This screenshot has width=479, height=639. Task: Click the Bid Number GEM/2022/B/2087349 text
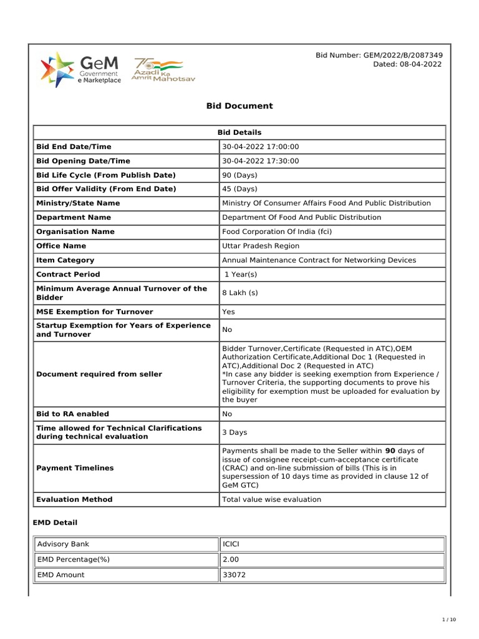click(x=379, y=56)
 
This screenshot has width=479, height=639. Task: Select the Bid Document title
click(x=239, y=106)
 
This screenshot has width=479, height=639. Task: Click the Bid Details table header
click(x=239, y=132)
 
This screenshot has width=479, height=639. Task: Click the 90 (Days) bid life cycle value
click(x=239, y=175)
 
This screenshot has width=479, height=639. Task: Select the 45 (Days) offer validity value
click(x=239, y=189)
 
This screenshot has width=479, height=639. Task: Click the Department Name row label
click(x=74, y=218)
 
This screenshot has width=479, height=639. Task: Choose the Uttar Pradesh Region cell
click(x=261, y=246)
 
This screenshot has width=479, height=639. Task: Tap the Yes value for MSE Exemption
click(x=229, y=311)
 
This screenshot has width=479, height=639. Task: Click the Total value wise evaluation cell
click(x=271, y=499)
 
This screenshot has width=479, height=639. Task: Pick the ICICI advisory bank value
click(x=231, y=545)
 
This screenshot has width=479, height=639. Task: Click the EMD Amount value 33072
click(x=234, y=575)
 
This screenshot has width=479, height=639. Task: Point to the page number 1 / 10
click(x=448, y=620)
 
